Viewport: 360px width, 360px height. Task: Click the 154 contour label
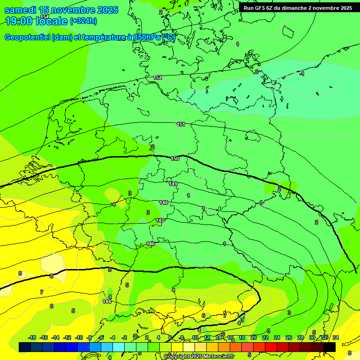tap(45, 17)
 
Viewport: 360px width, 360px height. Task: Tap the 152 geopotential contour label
tap(158, 77)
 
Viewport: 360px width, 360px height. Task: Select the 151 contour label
tap(181, 124)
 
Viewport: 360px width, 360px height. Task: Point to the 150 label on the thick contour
tap(175, 159)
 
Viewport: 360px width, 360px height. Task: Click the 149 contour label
tap(173, 184)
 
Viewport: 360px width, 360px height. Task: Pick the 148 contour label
tap(164, 202)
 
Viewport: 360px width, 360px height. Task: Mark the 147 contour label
tap(160, 220)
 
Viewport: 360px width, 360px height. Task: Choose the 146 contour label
tap(150, 244)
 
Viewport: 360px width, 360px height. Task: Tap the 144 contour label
tap(107, 301)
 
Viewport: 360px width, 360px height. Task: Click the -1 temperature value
tap(302, 74)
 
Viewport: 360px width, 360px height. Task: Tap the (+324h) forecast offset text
tap(83, 21)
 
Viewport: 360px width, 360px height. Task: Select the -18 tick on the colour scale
tap(32, 337)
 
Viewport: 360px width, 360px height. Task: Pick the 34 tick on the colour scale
tap(336, 337)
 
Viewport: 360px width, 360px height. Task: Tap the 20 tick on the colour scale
tap(253, 337)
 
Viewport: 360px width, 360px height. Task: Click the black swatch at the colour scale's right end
tap(330, 347)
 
